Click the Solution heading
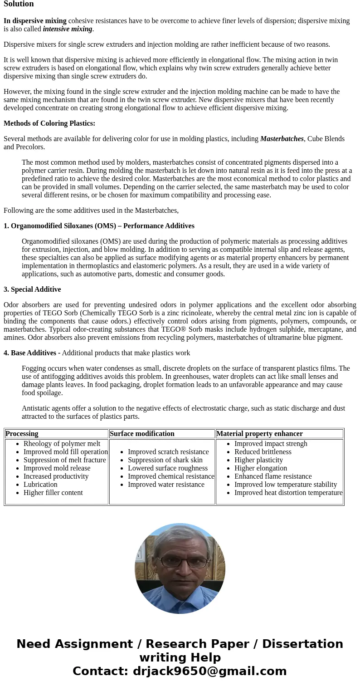click(x=19, y=4)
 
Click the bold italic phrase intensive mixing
click(x=68, y=29)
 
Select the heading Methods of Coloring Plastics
click(x=49, y=123)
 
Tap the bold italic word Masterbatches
click(x=282, y=139)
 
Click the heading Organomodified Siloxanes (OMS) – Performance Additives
click(x=99, y=226)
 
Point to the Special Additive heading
click(x=32, y=289)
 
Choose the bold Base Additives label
click(x=30, y=353)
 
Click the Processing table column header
click(x=22, y=434)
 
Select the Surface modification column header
click(x=142, y=434)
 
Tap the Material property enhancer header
click(x=259, y=434)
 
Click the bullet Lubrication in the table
click(x=40, y=485)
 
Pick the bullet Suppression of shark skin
click(x=165, y=460)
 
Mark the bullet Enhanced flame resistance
click(x=273, y=476)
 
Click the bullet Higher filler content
click(x=53, y=493)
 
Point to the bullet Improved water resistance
click(x=166, y=485)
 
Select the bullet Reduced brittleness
click(x=263, y=452)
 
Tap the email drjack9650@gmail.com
click(x=209, y=671)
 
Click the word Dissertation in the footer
click(x=302, y=644)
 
